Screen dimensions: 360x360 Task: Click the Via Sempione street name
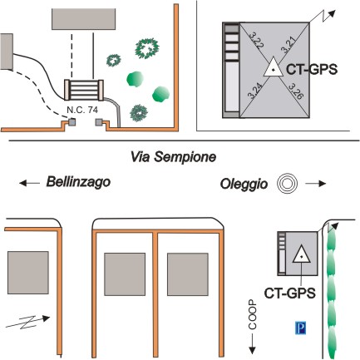(x=173, y=157)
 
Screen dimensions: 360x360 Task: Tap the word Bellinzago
(x=78, y=182)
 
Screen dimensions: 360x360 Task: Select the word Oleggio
(x=244, y=184)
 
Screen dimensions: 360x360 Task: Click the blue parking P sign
(x=300, y=328)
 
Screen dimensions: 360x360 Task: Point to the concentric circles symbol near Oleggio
(x=288, y=183)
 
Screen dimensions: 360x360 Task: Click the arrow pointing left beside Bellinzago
(x=29, y=183)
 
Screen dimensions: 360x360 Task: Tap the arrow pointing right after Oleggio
(x=316, y=183)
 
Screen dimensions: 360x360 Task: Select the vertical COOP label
(x=252, y=314)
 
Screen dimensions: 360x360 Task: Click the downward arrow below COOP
(x=252, y=344)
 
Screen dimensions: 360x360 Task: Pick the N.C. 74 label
(x=82, y=110)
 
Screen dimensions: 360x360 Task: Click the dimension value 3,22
(x=257, y=41)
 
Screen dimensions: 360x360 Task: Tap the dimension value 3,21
(x=288, y=44)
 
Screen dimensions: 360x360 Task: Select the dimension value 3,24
(x=255, y=91)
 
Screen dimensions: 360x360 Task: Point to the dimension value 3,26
(x=296, y=91)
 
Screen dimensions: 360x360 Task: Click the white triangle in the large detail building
(x=274, y=67)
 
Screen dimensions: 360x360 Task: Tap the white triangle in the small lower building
(x=301, y=254)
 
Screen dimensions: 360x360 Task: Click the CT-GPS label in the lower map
(x=289, y=293)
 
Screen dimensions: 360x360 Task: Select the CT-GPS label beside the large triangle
(x=312, y=69)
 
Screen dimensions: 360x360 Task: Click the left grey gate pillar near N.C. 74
(x=72, y=122)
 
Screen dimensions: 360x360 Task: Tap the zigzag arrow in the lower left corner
(x=27, y=322)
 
